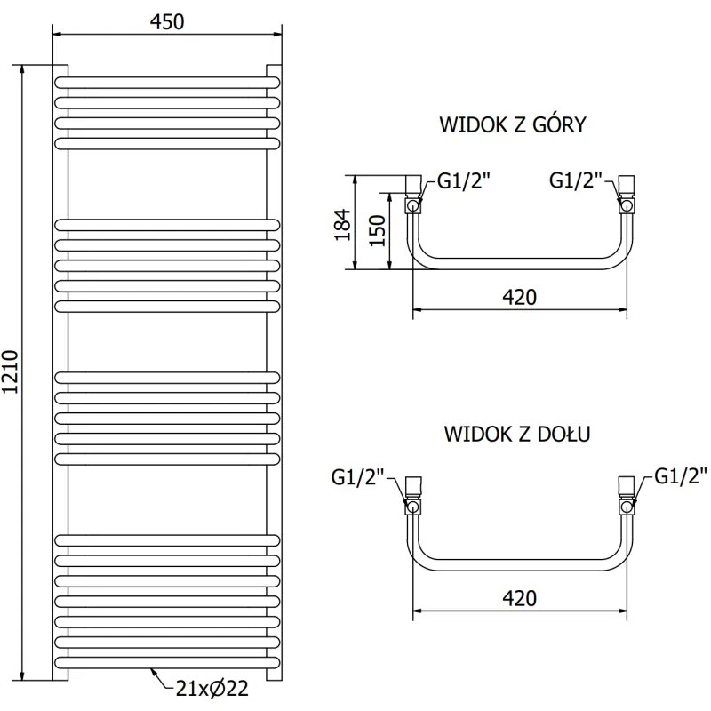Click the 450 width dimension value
[x=167, y=22]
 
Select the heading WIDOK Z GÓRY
[x=513, y=124]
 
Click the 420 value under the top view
[x=520, y=297]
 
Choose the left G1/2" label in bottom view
[x=357, y=478]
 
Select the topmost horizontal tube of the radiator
[x=167, y=82]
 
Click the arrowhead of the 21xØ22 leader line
[x=152, y=671]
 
